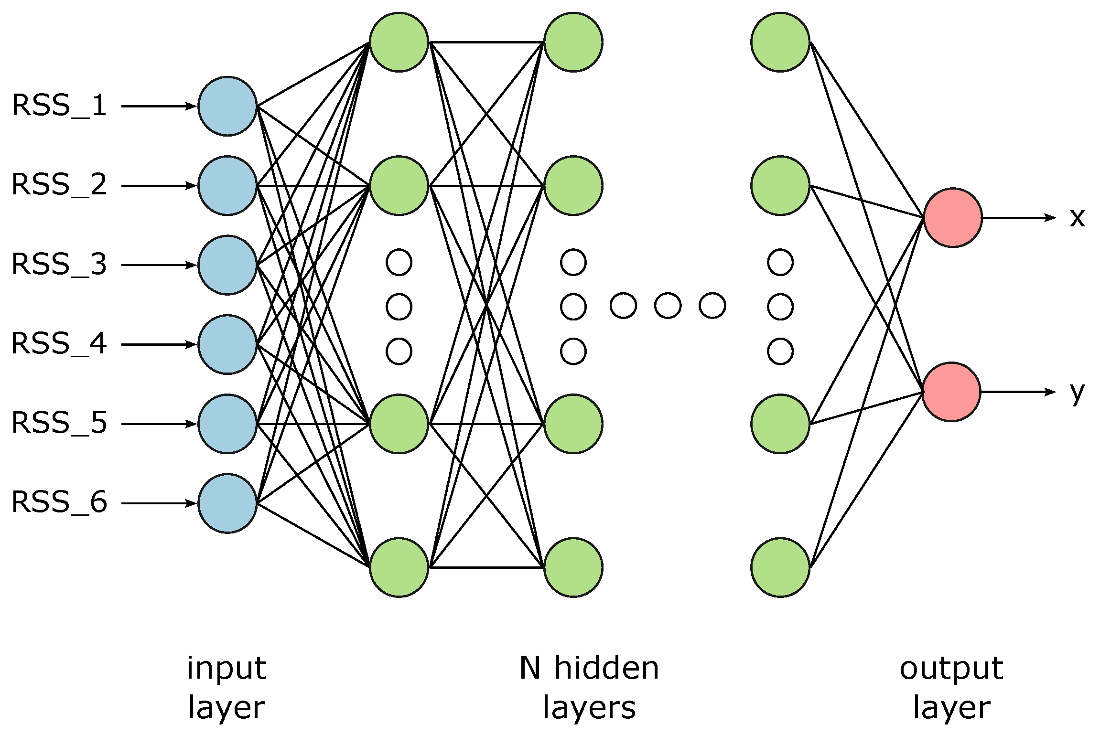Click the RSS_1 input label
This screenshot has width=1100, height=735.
(59, 106)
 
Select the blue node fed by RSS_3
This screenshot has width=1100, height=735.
(227, 265)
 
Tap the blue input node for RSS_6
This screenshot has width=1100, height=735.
(227, 503)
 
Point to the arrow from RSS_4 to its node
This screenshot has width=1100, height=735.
(158, 344)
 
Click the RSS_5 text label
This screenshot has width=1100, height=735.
(59, 423)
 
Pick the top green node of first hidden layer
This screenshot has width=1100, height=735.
(399, 43)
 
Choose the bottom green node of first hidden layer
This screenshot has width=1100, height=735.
(399, 567)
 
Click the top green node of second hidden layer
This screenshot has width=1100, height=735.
(573, 43)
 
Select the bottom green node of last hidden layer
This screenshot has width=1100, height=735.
(780, 567)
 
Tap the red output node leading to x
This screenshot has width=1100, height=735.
(953, 218)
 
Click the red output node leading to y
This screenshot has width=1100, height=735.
(951, 392)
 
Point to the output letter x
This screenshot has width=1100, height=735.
(1077, 218)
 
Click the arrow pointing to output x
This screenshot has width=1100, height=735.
(1018, 218)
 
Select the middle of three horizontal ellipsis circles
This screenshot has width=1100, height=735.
(668, 306)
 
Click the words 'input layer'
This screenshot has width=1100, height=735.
(226, 687)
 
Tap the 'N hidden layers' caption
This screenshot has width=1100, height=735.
(589, 687)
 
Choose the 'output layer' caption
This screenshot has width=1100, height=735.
(951, 687)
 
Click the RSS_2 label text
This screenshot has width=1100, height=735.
(59, 185)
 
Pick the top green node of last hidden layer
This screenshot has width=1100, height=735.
(780, 43)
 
